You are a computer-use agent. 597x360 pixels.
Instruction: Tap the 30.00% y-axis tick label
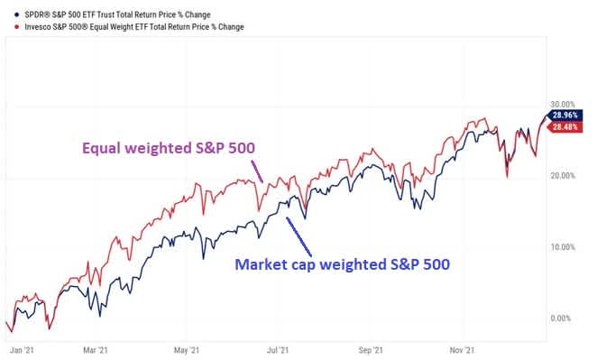pyautogui.click(x=563, y=104)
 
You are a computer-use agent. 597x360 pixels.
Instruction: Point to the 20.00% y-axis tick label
pyautogui.click(x=563, y=175)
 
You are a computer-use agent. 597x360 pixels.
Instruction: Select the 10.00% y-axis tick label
pyautogui.click(x=563, y=246)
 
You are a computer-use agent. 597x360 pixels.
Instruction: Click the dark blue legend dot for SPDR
pyautogui.click(x=8, y=11)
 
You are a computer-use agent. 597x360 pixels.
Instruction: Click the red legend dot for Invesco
pyautogui.click(x=8, y=27)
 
